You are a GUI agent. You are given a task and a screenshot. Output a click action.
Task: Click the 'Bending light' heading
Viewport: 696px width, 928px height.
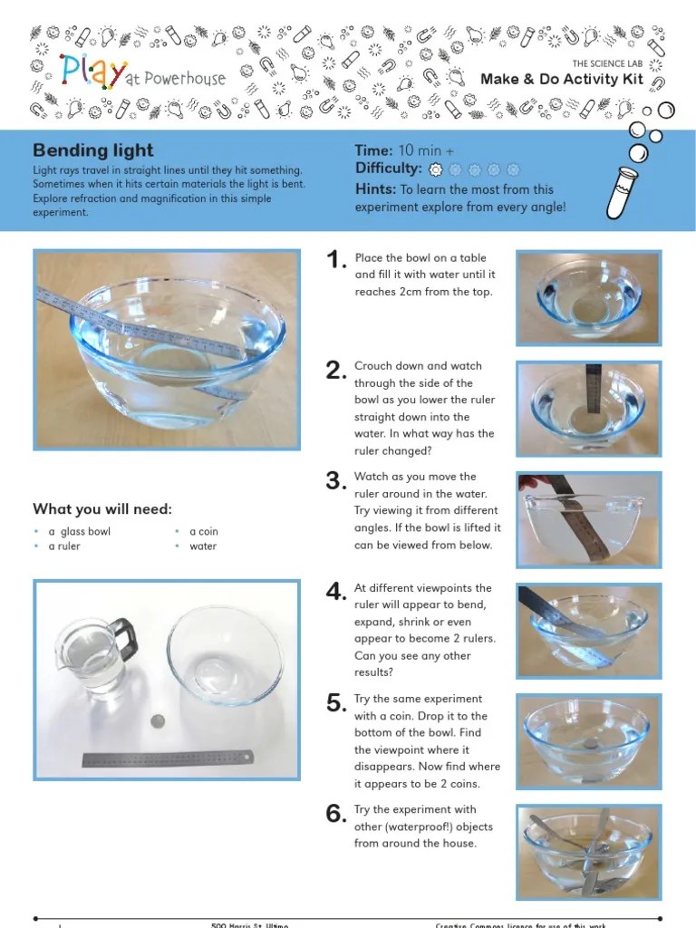point(93,150)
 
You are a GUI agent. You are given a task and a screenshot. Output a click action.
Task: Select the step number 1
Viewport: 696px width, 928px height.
point(336,261)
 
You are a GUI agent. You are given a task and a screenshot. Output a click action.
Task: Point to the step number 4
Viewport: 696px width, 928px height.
point(336,592)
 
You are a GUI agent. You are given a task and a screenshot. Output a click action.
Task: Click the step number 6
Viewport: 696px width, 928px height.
point(336,814)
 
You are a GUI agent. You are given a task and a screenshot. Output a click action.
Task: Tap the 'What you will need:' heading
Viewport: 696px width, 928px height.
point(102,508)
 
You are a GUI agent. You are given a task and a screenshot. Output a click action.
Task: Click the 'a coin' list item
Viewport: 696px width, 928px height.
point(203,531)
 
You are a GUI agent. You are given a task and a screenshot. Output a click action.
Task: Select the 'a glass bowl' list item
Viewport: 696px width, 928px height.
point(79,531)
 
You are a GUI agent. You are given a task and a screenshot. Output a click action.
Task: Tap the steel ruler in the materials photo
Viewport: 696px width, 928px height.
point(168,758)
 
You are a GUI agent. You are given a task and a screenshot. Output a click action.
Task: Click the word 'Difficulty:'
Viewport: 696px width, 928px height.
point(389,169)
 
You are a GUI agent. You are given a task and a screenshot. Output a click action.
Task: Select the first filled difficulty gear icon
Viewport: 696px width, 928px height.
point(436,169)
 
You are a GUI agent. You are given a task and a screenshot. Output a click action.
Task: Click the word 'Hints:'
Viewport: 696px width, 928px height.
point(376,189)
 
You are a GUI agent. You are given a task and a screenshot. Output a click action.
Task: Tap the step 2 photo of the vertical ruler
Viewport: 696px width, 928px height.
point(589,407)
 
